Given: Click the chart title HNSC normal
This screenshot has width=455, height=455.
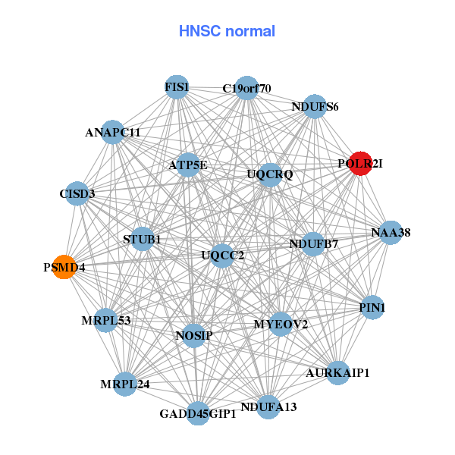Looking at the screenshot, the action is point(227,31).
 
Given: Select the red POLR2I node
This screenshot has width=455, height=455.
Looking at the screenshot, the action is point(360,164).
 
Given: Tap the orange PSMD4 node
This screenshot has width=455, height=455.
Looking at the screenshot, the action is point(64,267).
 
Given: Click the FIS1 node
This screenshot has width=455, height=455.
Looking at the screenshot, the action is point(176,86).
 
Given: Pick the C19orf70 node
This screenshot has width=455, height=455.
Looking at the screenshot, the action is point(246,88).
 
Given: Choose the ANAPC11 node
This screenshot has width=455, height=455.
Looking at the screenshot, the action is point(112,132).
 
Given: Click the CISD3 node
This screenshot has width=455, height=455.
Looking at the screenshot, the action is point(77,193).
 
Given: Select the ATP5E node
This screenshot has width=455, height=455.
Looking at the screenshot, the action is point(188,165).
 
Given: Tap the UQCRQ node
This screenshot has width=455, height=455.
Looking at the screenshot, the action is point(270,174).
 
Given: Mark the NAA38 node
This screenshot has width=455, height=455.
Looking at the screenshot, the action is point(391,232).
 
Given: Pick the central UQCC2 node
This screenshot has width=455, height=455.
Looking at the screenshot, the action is point(222,255).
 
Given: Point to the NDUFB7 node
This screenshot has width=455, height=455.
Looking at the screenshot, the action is point(314,243).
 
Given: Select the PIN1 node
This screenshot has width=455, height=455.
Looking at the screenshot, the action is point(372,307).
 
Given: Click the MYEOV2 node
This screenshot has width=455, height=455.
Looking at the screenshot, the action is point(281,325).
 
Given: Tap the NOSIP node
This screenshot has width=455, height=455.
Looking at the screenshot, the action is point(195,335).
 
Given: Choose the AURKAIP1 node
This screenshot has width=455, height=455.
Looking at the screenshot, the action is point(338,372).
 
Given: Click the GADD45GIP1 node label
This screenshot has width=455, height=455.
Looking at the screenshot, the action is point(198,415).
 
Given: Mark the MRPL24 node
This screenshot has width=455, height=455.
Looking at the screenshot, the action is point(125,384).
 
